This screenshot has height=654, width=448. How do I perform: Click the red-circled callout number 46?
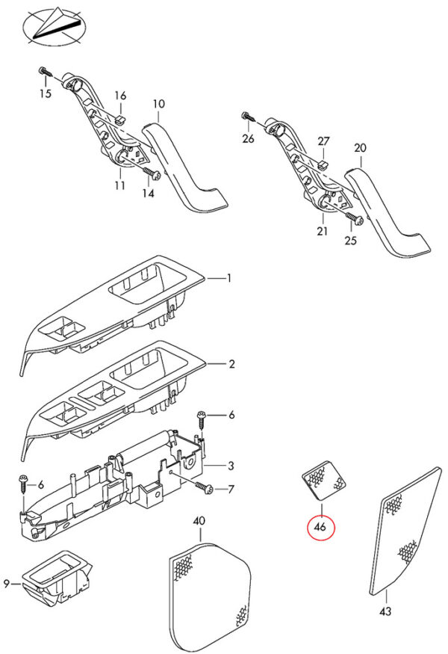[x=321, y=527]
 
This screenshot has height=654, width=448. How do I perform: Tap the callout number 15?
[x=46, y=93]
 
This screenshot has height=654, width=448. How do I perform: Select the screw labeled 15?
[x=44, y=73]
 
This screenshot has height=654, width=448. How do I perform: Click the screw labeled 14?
[x=153, y=174]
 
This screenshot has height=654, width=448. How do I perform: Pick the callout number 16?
[x=120, y=95]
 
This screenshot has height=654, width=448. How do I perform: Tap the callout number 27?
[x=323, y=141]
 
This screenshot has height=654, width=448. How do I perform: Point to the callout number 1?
[x=228, y=278]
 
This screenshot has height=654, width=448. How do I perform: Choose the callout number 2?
[x=231, y=365]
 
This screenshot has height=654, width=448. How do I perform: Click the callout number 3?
[x=231, y=465]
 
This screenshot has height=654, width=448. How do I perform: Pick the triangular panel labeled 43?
[x=403, y=531]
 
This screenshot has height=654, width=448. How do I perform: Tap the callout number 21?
[x=322, y=231]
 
